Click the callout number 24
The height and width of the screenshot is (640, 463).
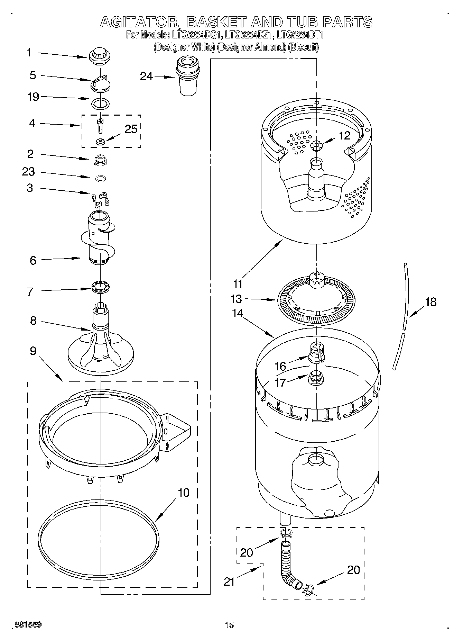pyautogui.click(x=146, y=76)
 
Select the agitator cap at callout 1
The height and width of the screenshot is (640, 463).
pyautogui.click(x=99, y=56)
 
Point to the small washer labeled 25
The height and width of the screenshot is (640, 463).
pyautogui.click(x=101, y=141)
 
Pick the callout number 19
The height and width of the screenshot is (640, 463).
pyautogui.click(x=33, y=97)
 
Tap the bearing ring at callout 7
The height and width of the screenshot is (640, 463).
pyautogui.click(x=100, y=287)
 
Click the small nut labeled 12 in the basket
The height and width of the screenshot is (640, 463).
pyautogui.click(x=316, y=146)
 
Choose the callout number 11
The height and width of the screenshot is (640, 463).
pyautogui.click(x=238, y=284)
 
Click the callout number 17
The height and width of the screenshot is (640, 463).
pyautogui.click(x=280, y=382)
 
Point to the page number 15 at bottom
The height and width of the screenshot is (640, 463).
pyautogui.click(x=229, y=625)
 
